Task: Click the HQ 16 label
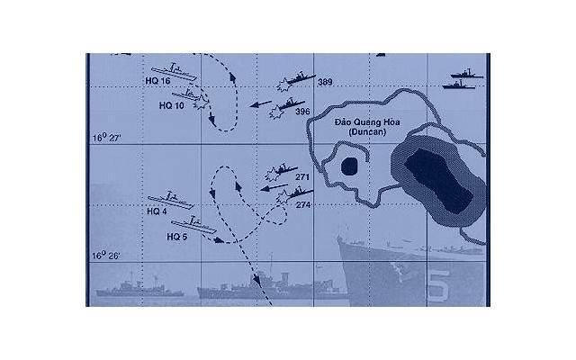pos(157,81)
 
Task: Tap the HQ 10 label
pos(171,106)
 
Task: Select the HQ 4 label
pos(157,211)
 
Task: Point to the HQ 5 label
pos(176,237)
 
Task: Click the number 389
pos(325,82)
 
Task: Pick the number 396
pos(302,112)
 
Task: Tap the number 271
pos(302,177)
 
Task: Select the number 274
pos(303,205)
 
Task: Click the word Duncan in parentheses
pos(367,131)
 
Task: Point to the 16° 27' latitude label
pos(106,138)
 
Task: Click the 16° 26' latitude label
pos(105,256)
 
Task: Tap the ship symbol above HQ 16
pos(174,72)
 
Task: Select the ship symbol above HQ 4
pos(170,200)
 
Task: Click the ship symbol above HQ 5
pos(193,225)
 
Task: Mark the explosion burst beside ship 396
pos(276,112)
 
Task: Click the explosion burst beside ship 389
pos(284,85)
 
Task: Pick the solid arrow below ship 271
pos(274,187)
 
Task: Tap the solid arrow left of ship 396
pos(260,104)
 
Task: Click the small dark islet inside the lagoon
pos(349,166)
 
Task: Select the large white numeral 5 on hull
pos(439,286)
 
